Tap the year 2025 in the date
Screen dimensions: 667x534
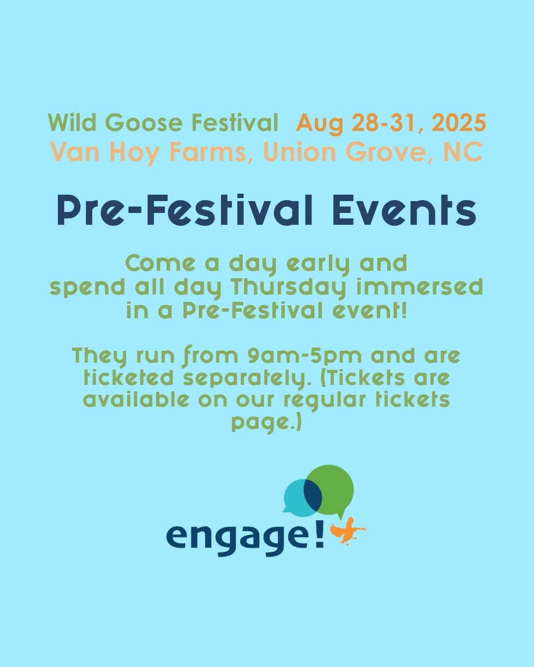point(458,123)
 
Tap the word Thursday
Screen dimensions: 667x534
point(289,287)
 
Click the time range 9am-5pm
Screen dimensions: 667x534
point(305,355)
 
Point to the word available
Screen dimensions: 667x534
point(136,399)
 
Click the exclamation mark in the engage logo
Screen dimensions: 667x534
point(319,535)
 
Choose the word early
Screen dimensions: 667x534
point(319,263)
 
